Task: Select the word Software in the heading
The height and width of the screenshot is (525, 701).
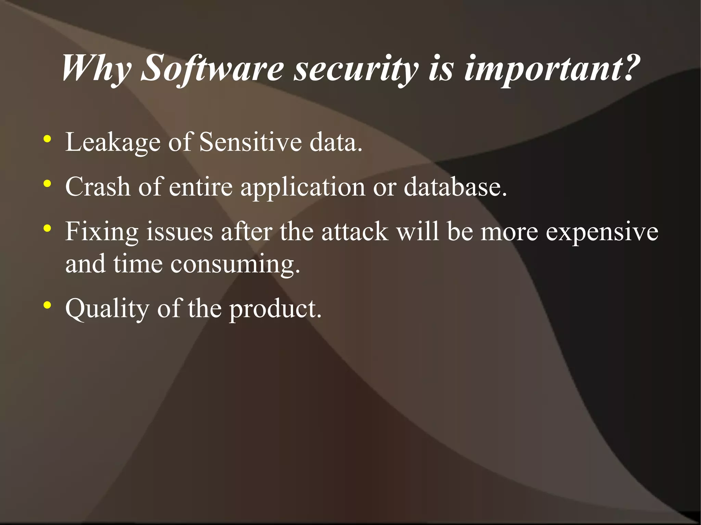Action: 212,69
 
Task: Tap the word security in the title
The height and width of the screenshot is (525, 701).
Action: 356,69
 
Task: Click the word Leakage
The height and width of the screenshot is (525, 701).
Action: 113,142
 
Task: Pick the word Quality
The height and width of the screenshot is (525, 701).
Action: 107,309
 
